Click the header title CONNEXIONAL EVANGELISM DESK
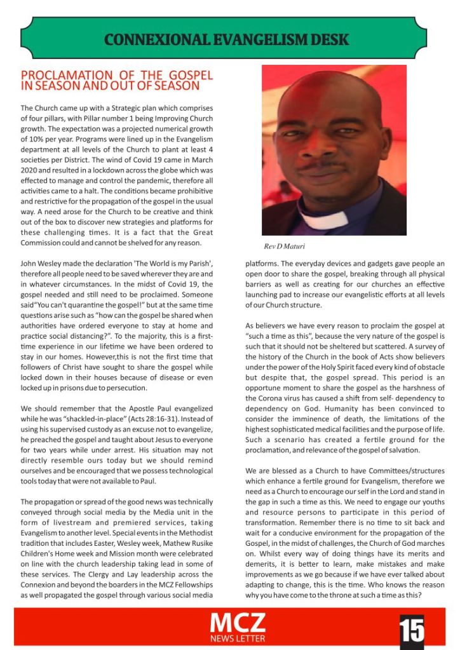[226, 39]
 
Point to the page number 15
[412, 630]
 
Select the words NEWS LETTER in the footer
[238, 638]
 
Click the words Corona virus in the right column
[284, 398]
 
